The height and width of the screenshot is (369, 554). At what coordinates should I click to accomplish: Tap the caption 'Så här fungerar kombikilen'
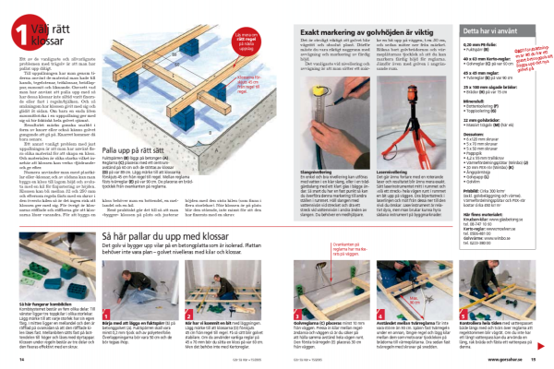pos(53,302)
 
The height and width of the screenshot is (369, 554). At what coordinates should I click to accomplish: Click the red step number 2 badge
pos(109,313)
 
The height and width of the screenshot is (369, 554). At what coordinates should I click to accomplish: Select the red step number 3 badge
pos(182,313)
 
